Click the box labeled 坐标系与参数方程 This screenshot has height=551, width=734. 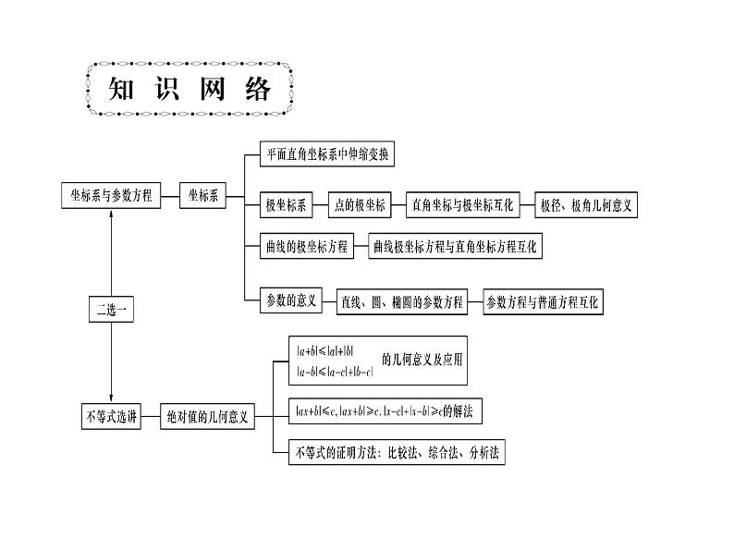(110, 196)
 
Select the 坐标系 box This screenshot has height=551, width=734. (203, 196)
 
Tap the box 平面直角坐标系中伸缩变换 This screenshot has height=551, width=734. (326, 154)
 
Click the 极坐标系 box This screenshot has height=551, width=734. (285, 205)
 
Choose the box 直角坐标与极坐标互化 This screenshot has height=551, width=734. (465, 205)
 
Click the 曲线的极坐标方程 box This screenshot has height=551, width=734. (306, 247)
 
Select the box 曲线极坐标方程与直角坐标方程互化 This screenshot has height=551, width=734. (456, 247)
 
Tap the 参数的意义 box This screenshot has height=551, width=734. (291, 300)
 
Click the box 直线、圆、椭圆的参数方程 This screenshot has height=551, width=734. (400, 302)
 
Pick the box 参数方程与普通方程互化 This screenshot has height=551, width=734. (543, 302)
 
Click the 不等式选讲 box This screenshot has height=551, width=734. (110, 417)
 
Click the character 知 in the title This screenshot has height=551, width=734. (125, 90)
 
